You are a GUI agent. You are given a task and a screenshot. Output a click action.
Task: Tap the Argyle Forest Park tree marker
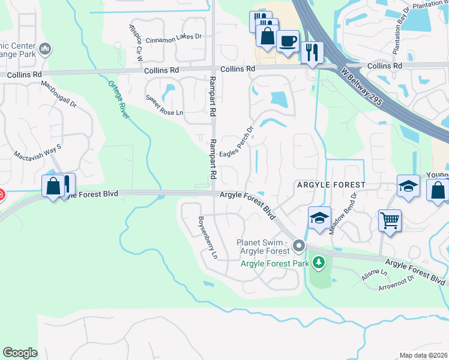click(x=319, y=262)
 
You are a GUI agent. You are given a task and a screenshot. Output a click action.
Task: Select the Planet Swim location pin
click(x=299, y=245)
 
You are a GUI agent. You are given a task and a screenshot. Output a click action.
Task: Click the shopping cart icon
click(x=390, y=220)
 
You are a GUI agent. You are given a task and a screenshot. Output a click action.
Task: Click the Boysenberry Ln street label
click(x=208, y=237)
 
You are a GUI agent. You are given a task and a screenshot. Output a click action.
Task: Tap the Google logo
click(x=20, y=353)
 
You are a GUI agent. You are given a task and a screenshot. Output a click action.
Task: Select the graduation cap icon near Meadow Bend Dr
click(x=320, y=217)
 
